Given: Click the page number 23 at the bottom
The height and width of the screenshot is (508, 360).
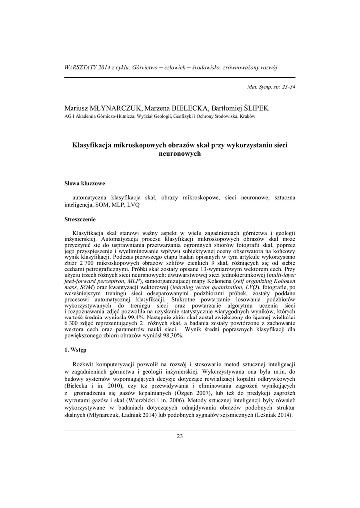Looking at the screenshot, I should [x=180, y=436].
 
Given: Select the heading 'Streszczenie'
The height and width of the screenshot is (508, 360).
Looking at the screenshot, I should [x=80, y=219].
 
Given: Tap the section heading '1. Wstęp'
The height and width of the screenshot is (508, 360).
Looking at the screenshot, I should [x=75, y=350].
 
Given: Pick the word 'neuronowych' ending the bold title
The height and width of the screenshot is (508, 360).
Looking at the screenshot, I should [x=180, y=154].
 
